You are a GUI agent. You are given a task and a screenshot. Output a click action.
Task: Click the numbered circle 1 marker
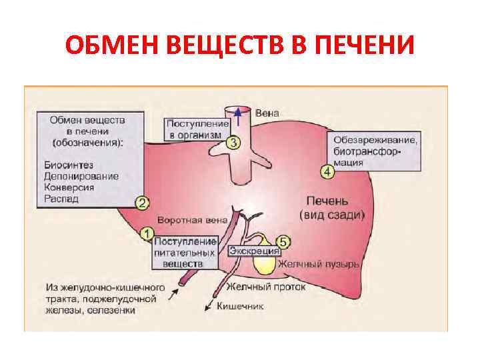(147, 233)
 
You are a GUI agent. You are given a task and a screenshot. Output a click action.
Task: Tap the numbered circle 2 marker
(141, 203)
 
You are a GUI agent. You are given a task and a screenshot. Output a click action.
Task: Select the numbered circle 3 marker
(233, 142)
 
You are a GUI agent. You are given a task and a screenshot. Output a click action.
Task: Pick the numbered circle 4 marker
(328, 173)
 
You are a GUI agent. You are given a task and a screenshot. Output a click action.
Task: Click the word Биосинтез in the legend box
(69, 165)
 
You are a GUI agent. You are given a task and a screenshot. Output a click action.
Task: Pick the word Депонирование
(81, 176)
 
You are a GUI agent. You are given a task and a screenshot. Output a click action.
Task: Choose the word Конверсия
(69, 187)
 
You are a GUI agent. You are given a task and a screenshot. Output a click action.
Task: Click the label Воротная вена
(192, 220)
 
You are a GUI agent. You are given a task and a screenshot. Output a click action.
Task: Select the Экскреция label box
(253, 251)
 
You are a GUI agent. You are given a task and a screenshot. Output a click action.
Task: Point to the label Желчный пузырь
(319, 264)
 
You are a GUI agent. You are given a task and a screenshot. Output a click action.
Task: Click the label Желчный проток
(265, 287)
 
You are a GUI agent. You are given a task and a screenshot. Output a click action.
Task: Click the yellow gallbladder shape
(267, 260)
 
